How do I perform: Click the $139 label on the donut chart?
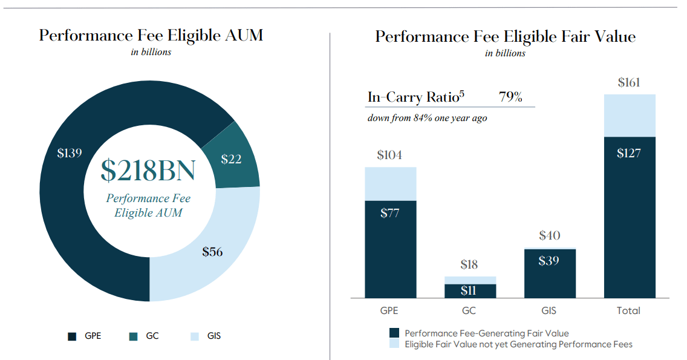click(x=69, y=153)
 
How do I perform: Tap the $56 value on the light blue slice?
click(x=212, y=252)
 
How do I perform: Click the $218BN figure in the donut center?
click(x=148, y=170)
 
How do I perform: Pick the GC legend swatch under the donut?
click(x=133, y=336)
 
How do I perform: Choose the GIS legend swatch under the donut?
click(x=195, y=336)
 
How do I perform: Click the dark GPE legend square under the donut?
click(x=72, y=336)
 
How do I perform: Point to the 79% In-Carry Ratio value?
click(x=510, y=96)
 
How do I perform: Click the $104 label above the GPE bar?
click(x=389, y=155)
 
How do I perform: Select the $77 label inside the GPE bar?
click(x=389, y=213)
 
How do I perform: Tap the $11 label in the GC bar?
click(x=468, y=290)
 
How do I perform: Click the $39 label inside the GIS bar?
click(x=549, y=261)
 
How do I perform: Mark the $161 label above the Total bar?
click(x=629, y=82)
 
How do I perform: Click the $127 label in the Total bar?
click(x=629, y=153)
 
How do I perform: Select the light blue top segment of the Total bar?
click(x=630, y=116)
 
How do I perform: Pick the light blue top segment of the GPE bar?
click(x=391, y=184)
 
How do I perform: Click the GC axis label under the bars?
click(x=469, y=310)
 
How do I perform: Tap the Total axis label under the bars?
click(x=628, y=310)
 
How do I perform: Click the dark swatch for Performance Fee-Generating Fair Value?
click(x=394, y=333)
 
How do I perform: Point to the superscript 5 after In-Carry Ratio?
click(x=462, y=93)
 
